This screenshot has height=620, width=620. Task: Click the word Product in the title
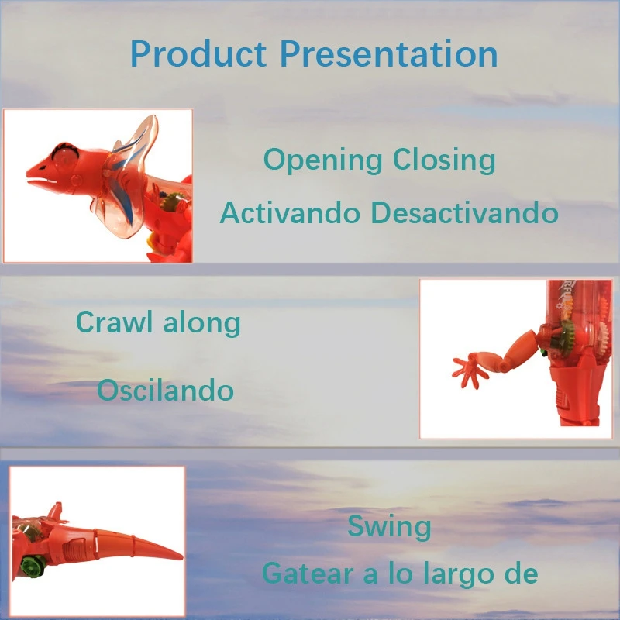pos(198,54)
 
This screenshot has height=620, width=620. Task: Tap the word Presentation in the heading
pos(389,53)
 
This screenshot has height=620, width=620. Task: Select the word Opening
pos(322,161)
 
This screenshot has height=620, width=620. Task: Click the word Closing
pos(444,161)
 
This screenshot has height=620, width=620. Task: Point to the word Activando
pos(290,212)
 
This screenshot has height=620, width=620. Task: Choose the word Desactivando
pos(464,212)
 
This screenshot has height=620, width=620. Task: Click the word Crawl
pos(114,322)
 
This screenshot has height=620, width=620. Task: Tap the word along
pos(201,323)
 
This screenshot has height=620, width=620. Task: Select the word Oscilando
pos(165,390)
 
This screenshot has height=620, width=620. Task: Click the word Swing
pos(389,527)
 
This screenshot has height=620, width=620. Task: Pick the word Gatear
pos(308,573)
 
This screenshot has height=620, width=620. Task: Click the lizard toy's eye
pos(64,157)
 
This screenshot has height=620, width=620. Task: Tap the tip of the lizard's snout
pos(28,172)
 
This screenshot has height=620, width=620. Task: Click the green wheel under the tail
pos(33,566)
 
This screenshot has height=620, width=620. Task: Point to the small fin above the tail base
pos(57,512)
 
